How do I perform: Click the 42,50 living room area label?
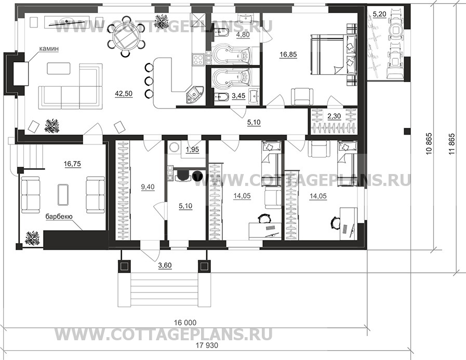[124, 94]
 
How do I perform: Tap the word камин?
[48, 48]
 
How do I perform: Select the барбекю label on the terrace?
[59, 217]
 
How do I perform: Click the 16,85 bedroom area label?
[288, 55]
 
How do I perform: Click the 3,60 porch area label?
[165, 265]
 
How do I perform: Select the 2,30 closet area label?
[334, 116]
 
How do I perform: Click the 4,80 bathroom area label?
[243, 34]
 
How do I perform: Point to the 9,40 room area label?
[148, 187]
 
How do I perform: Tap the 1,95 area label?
[192, 150]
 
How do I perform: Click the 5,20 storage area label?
[380, 14]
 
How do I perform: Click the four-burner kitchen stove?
[198, 59]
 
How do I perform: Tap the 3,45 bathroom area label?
[238, 96]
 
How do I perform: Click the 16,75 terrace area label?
[72, 164]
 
